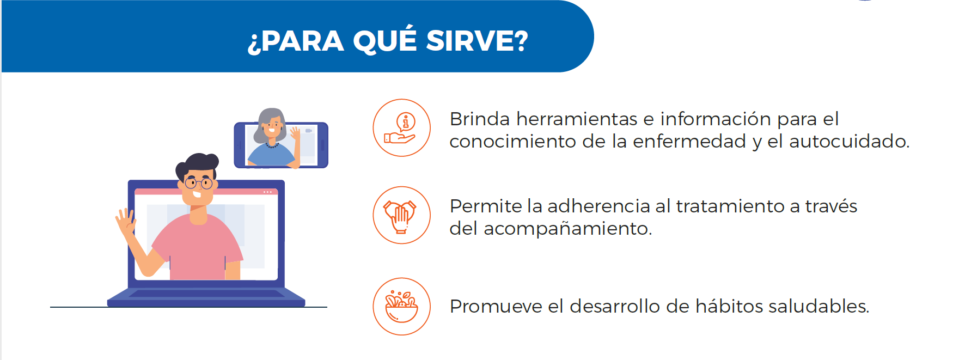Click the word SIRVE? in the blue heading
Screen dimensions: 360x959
pos(477,41)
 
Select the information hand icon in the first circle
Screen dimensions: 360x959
pos(401,128)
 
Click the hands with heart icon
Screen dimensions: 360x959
pos(401,216)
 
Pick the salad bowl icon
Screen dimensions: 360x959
pos(401,307)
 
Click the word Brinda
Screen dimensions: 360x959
pos(479,119)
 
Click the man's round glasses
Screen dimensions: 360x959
pos(198,183)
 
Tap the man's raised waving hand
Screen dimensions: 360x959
pos(126,221)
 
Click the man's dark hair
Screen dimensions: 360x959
pos(197,163)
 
